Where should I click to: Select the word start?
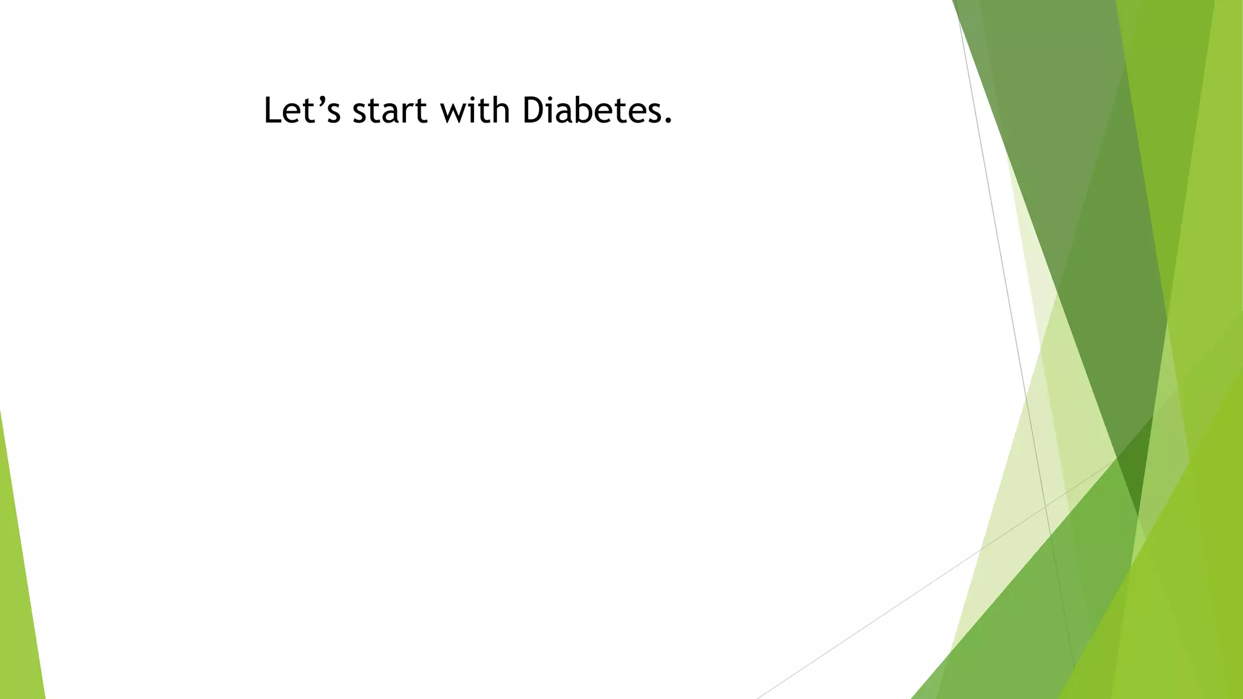390,111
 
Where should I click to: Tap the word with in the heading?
475,111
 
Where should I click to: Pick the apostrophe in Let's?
320,101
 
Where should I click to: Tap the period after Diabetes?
668,121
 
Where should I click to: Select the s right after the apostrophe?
333,114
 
